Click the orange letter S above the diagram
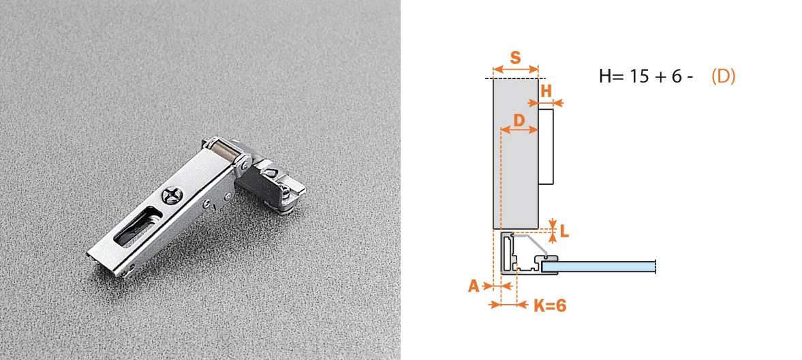coord(515,57)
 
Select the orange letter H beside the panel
coord(546,91)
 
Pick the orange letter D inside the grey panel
coord(519,121)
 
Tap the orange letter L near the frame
coord(564,231)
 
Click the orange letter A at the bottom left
coord(474,286)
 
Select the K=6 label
coord(550,305)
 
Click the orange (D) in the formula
coord(723,76)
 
